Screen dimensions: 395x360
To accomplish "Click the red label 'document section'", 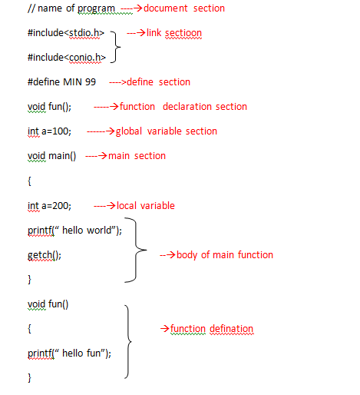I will coord(184,8).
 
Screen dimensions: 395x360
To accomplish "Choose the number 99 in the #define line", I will coord(90,82).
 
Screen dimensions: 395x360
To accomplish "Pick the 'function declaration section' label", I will coord(183,107).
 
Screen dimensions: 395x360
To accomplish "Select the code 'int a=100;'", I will coord(50,131).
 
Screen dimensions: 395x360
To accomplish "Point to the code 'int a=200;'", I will coord(50,206).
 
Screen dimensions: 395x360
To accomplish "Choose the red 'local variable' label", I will coord(145,206).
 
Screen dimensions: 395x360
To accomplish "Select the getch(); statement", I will coord(44,255).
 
